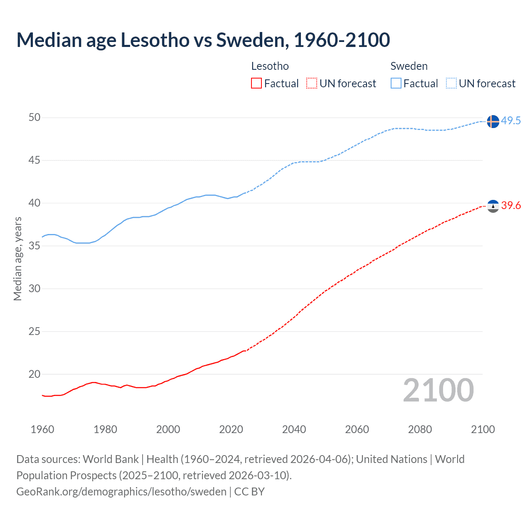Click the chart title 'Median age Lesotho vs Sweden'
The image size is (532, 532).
pos(203,40)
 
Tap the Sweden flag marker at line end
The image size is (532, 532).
pos(493,121)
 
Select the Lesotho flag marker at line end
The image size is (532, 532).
pos(493,206)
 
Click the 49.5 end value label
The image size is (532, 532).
pos(511,121)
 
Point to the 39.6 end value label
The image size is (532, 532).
pos(511,205)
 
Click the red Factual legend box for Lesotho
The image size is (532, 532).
pos(256,84)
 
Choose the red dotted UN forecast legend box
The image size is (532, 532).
pos(312,84)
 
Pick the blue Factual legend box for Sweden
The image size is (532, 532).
pos(396,84)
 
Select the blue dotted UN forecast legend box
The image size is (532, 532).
pos(451,84)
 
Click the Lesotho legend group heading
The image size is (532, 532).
pos(270,66)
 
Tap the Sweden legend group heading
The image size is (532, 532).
pos(409,66)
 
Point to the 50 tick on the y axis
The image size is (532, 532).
pos(34,118)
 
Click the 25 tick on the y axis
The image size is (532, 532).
pos(34,331)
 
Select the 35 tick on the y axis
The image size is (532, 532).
pos(34,246)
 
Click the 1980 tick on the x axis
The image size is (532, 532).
pos(105,429)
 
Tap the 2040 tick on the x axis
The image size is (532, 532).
pos(294,429)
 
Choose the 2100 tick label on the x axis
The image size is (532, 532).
pos(483,429)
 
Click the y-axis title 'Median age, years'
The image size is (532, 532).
pos(17,259)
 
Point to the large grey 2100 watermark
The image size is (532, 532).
pos(438,390)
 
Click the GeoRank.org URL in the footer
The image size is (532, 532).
pos(121,492)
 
